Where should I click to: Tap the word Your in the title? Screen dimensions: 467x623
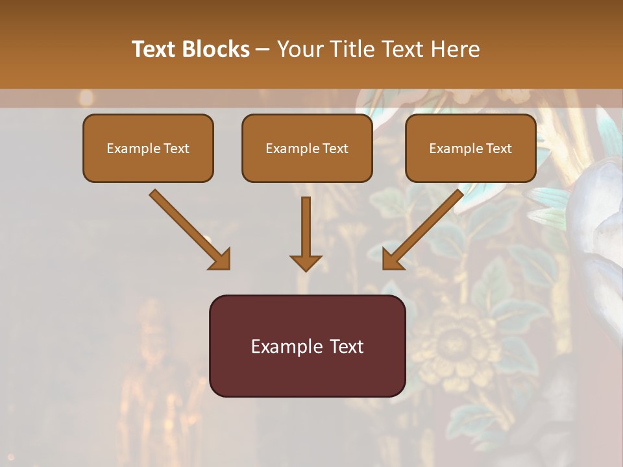click(x=299, y=49)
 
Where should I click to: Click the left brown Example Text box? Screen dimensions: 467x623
click(x=148, y=149)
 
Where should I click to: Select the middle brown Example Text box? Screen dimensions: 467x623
click(x=307, y=149)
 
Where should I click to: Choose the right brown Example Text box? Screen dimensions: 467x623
click(x=470, y=149)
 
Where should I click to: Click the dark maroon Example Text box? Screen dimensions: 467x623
click(x=307, y=346)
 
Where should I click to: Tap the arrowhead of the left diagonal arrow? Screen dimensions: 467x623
click(x=221, y=259)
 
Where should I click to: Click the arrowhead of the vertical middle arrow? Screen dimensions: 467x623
click(x=306, y=262)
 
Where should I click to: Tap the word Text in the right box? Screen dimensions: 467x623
click(x=498, y=149)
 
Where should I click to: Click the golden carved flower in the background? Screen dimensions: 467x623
click(x=448, y=344)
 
